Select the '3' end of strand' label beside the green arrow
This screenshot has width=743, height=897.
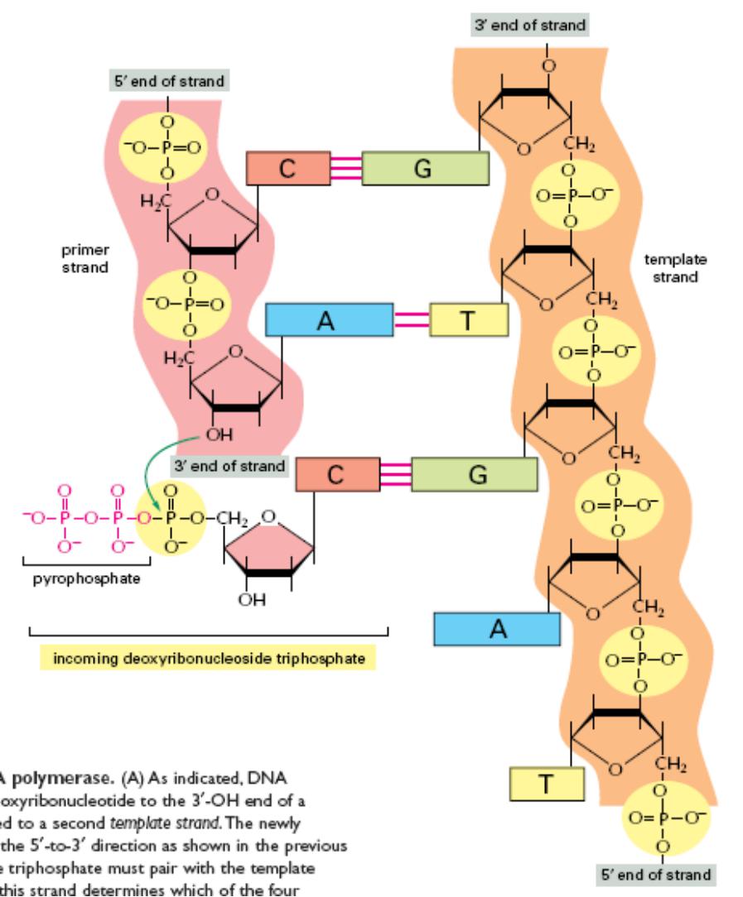tap(229, 466)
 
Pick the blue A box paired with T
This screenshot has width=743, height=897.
tap(329, 320)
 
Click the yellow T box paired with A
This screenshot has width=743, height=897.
tap(468, 320)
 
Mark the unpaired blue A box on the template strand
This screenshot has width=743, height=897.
tap(496, 630)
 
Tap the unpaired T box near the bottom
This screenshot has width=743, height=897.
tap(547, 784)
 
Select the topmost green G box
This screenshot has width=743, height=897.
tap(424, 169)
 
